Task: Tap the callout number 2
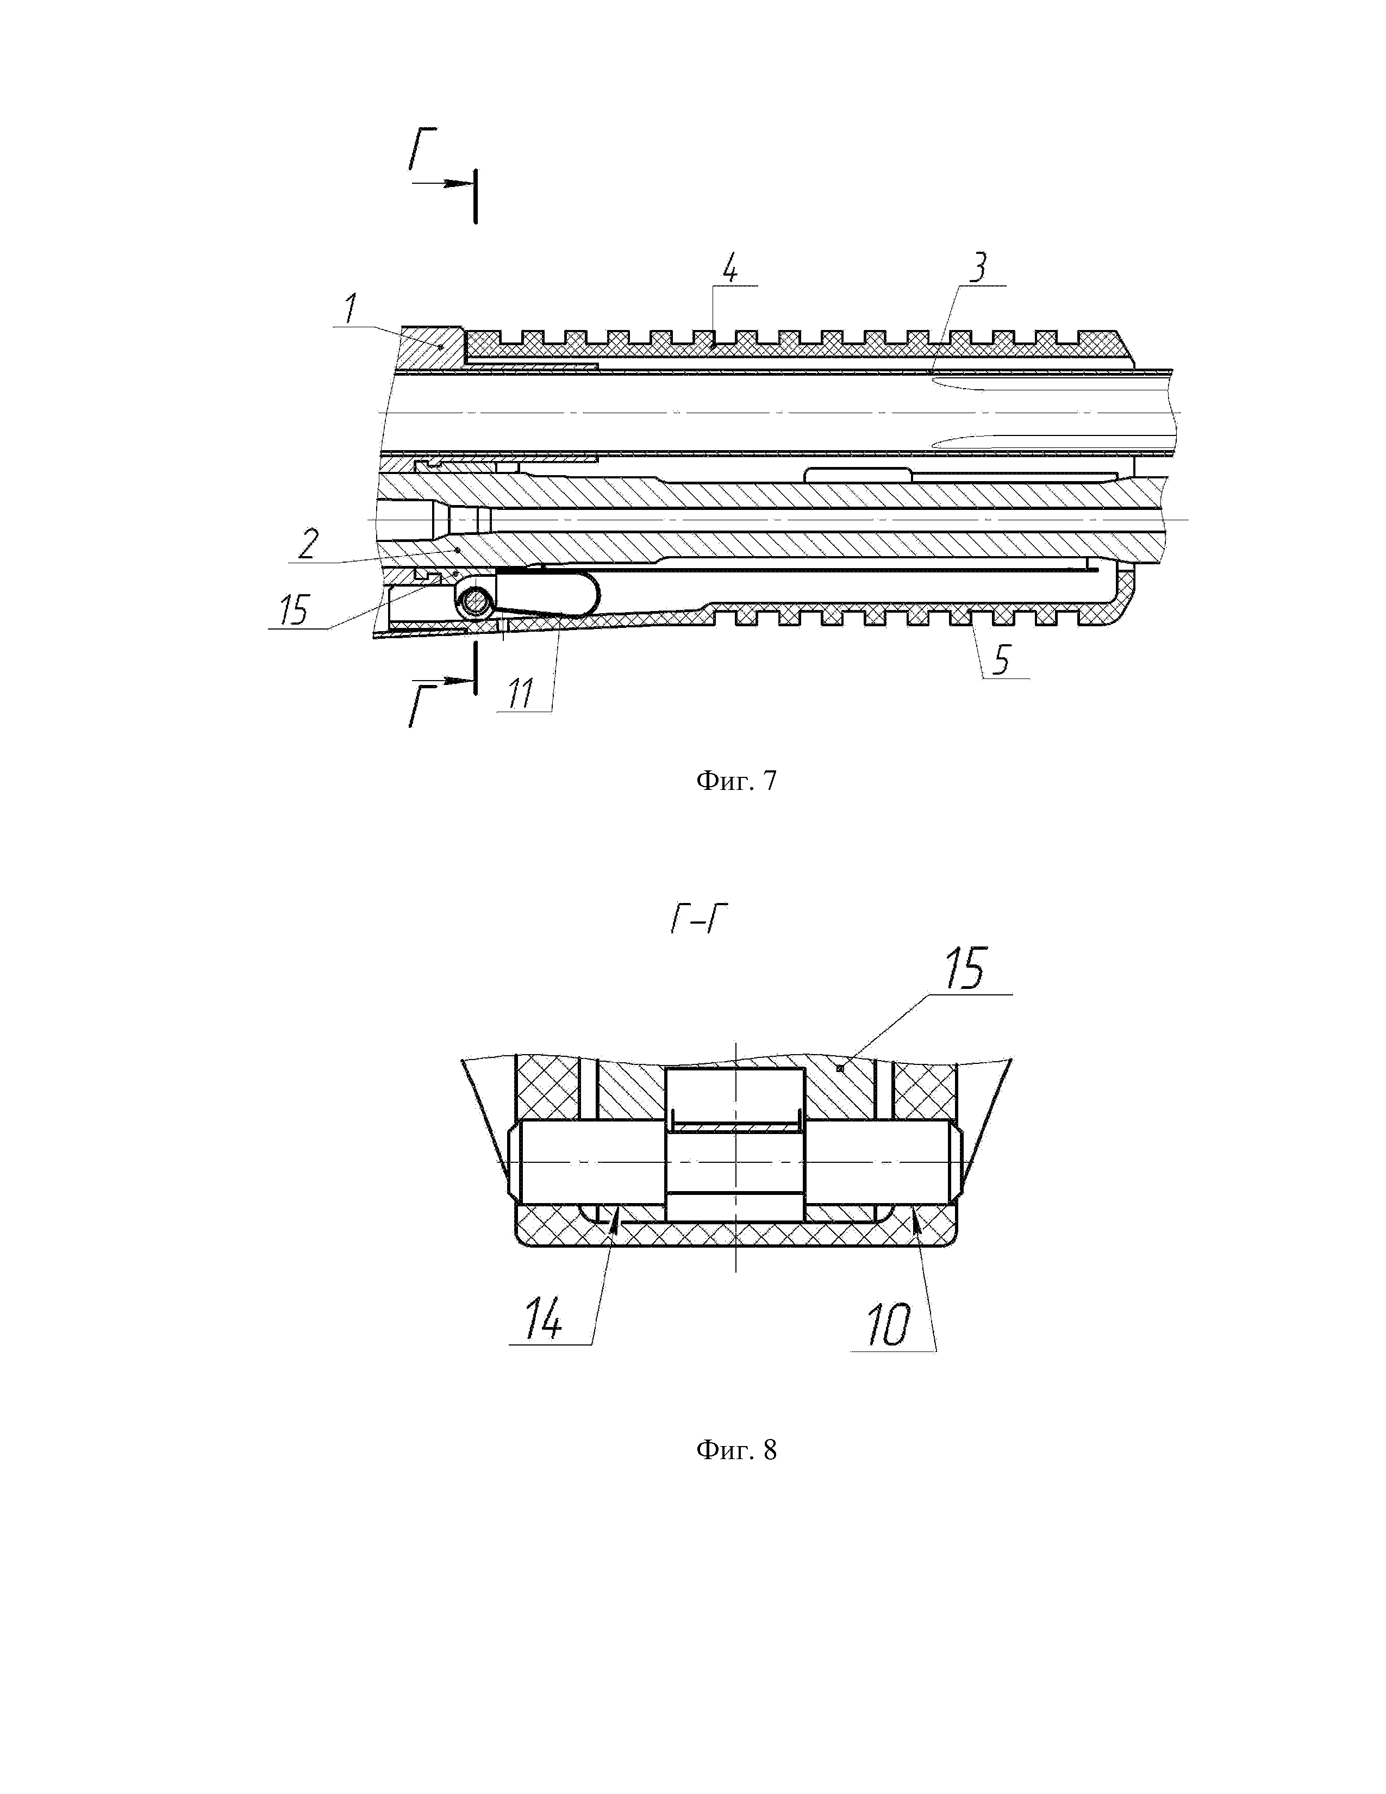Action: pyautogui.click(x=309, y=544)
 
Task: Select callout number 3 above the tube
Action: pyautogui.click(x=977, y=268)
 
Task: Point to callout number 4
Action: pyautogui.click(x=729, y=268)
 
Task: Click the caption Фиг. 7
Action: pyautogui.click(x=736, y=780)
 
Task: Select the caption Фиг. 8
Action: pyautogui.click(x=736, y=1450)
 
